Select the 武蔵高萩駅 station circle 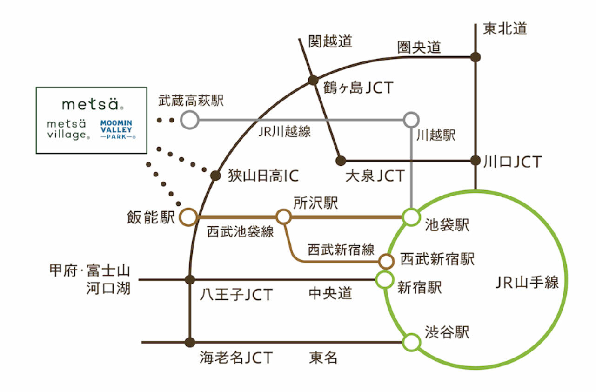(x=189, y=120)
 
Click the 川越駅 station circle (x=411, y=120)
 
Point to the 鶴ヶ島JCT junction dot (x=314, y=80)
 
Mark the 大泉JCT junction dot (x=341, y=161)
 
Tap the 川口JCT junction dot (x=475, y=161)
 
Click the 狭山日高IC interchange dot (x=215, y=176)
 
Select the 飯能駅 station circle (x=188, y=217)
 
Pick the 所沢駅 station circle (x=284, y=216)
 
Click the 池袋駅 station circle (x=411, y=217)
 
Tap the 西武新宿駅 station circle (x=386, y=261)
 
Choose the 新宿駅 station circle (x=385, y=280)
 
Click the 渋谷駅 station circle (x=411, y=342)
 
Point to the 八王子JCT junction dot (x=190, y=280)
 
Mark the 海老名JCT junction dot (x=189, y=342)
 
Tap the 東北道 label (x=505, y=29)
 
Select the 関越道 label (x=331, y=41)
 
